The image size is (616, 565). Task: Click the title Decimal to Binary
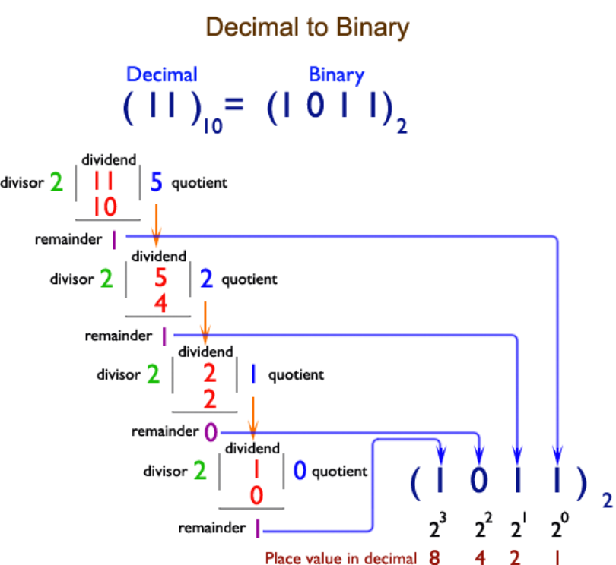(x=308, y=27)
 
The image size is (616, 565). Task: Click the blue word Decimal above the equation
(x=161, y=74)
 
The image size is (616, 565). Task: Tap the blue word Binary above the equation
(x=336, y=74)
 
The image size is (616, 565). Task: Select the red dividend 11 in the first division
(x=104, y=181)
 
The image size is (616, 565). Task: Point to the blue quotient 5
(x=156, y=182)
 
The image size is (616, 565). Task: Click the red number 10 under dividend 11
(x=104, y=206)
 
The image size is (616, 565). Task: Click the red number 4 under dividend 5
(x=160, y=303)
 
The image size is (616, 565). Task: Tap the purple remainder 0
(x=211, y=431)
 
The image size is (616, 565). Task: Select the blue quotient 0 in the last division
(x=299, y=471)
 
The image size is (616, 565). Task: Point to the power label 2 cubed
(x=437, y=526)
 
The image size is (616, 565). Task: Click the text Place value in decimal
(x=341, y=558)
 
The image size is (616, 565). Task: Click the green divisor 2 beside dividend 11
(x=56, y=183)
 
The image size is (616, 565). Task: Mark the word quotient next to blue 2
(x=249, y=279)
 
